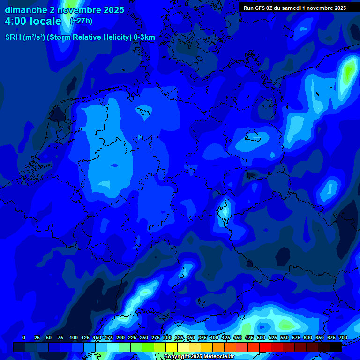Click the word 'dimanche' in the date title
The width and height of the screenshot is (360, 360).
click(x=25, y=10)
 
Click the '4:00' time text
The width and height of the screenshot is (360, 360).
click(x=17, y=21)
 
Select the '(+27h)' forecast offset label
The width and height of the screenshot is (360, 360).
click(x=81, y=21)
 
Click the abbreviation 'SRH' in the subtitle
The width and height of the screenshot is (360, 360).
click(x=13, y=37)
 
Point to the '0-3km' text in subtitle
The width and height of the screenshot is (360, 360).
click(x=144, y=37)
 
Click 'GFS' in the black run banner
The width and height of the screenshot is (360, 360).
click(x=265, y=8)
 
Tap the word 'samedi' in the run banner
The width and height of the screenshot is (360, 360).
click(x=295, y=8)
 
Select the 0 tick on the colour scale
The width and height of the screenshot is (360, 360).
click(x=24, y=337)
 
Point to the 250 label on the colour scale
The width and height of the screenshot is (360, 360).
click(x=144, y=337)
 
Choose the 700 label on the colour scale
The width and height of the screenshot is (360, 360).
click(x=343, y=337)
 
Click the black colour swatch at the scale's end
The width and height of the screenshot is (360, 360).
click(x=336, y=347)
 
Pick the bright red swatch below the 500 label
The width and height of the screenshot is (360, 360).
click(x=265, y=347)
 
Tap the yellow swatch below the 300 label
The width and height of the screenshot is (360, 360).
click(x=172, y=347)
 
